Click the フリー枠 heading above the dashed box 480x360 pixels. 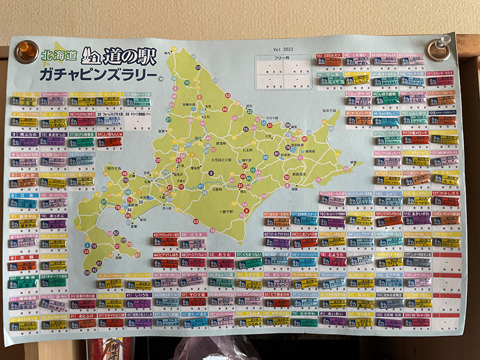283,59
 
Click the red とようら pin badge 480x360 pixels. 334,262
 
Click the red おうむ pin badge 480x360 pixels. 223,263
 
